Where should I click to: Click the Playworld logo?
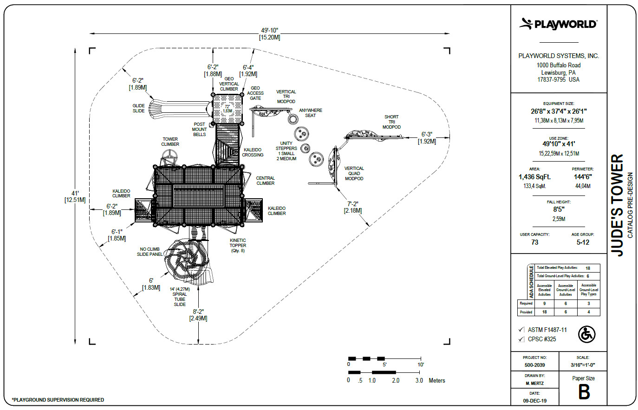click(558, 24)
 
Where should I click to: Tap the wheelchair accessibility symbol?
click(587, 334)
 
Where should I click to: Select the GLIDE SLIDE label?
click(138, 108)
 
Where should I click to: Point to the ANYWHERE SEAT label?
click(311, 113)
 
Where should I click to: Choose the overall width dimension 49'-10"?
click(269, 30)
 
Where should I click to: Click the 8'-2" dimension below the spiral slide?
click(198, 312)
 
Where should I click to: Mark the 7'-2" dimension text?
click(352, 204)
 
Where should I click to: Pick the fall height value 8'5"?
click(559, 209)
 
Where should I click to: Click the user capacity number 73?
click(534, 242)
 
